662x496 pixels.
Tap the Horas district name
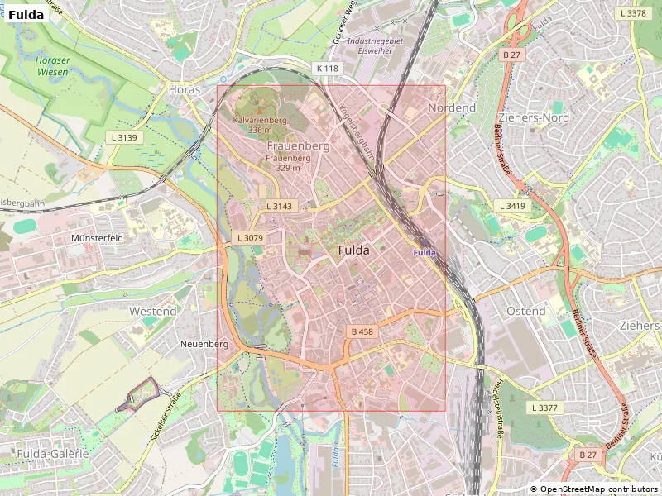(184, 88)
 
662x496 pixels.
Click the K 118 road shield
(327, 68)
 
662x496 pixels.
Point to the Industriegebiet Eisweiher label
(375, 45)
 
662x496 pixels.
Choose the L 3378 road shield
(632, 13)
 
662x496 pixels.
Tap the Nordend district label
(452, 108)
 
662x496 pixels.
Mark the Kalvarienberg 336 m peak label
(260, 125)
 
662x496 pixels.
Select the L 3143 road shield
(279, 206)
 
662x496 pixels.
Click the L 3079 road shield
(249, 237)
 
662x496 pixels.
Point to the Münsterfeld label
(98, 237)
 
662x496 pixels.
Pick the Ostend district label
(525, 311)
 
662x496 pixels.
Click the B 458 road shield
(362, 331)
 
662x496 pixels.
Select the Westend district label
(153, 311)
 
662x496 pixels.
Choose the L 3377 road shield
(544, 408)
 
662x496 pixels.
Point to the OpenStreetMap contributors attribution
(593, 489)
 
